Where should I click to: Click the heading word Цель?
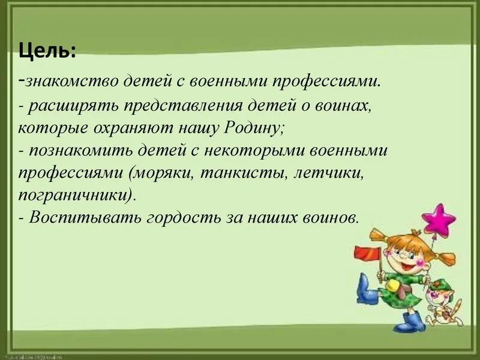pos(47,51)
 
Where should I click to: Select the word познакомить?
pos(80,151)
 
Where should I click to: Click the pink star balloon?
pos(439,218)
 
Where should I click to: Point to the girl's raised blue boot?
pos(366,290)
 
